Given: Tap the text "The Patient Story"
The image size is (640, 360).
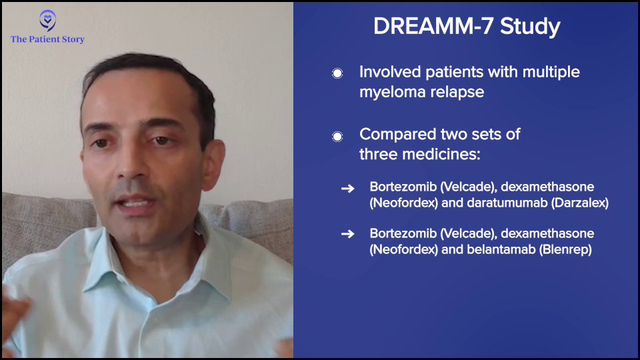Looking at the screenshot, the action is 48,39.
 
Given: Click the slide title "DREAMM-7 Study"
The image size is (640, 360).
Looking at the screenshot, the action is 467,27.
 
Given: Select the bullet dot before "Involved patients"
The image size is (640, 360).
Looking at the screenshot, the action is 337,73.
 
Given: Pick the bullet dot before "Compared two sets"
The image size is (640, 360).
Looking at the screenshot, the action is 337,136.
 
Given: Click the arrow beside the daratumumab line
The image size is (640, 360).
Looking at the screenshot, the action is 348,188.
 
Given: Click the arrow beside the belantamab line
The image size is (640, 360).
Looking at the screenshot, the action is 348,234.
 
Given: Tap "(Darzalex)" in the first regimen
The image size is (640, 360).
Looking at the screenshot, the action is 580,203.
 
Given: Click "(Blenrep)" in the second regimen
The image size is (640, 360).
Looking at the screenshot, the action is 566,250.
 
